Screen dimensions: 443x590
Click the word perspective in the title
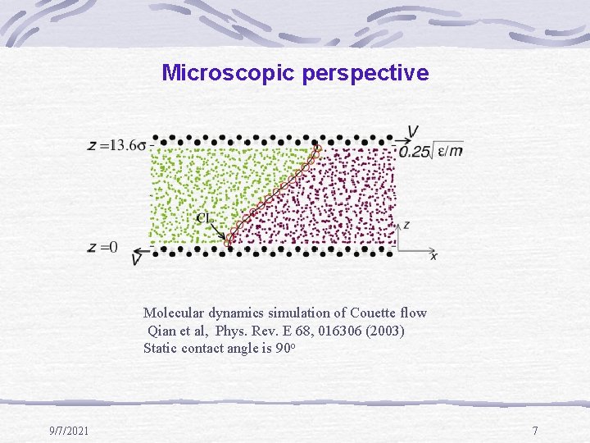365,74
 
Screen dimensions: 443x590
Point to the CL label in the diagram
206,218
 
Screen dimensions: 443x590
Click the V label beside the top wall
414,133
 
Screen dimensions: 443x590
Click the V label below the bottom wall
136,259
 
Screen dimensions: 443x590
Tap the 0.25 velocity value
415,151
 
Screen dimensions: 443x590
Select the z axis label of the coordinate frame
407,224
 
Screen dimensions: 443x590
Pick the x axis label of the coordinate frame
433,256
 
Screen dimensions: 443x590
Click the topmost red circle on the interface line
318,148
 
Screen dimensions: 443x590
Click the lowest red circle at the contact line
229,243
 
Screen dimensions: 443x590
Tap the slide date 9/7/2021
70,431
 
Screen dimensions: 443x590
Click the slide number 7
534,431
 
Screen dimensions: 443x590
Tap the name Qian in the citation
162,330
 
